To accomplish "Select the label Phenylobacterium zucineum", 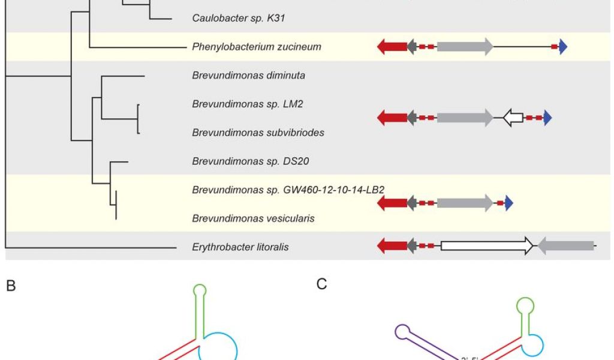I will coord(257,47).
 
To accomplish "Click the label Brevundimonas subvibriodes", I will coord(258,133).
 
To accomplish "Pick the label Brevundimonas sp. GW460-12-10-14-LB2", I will coord(288,190).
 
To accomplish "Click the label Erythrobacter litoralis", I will coord(240,247).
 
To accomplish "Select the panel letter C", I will coord(322,284).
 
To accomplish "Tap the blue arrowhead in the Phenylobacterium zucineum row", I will coord(562,47).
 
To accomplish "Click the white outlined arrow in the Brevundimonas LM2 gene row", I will coord(513,118).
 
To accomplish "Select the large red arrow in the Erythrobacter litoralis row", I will coord(392,245).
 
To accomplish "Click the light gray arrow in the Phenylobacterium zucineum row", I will coord(465,47).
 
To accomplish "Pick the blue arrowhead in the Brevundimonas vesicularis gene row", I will coord(509,203).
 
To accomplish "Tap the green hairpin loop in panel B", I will coord(200,290).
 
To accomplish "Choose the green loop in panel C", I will coord(525,305).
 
